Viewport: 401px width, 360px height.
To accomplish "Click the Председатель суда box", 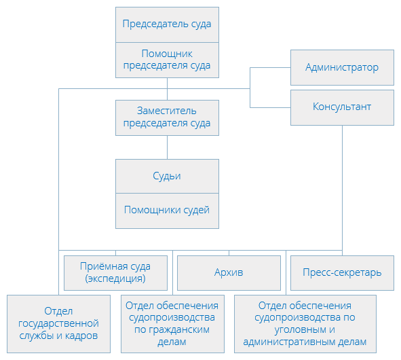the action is click(168, 24).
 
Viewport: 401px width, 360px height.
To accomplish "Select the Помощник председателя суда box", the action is click(168, 60).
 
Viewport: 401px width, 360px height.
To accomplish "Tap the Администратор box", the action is click(342, 68).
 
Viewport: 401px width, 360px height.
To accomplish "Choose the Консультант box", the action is click(342, 107).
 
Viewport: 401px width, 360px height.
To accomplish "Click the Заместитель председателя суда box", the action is click(168, 118).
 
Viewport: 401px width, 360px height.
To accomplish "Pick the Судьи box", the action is click(168, 176).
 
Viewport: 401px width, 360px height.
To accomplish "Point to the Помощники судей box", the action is click(168, 211).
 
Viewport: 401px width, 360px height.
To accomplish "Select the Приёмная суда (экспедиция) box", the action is click(115, 273).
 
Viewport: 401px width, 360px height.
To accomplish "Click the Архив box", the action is click(229, 273).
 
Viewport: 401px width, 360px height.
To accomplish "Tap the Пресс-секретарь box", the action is click(342, 273).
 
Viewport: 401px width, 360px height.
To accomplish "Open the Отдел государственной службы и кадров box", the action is click(58, 324).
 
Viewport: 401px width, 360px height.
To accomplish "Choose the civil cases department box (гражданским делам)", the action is click(172, 324).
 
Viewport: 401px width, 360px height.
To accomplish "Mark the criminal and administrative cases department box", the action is click(305, 324).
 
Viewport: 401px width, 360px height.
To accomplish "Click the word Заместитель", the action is click(167, 111).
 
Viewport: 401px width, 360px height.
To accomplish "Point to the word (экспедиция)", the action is click(115, 278).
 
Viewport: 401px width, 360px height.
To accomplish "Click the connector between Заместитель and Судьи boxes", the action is click(168, 147).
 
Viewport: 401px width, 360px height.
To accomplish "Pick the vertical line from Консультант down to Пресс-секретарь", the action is click(342, 190).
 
